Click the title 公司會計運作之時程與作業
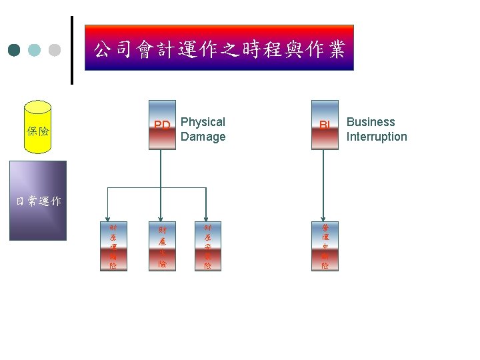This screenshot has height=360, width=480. coord(219,49)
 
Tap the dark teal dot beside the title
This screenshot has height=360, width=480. coord(15,50)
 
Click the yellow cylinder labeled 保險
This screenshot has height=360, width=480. coord(37,127)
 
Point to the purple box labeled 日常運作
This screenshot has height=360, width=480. coord(37,200)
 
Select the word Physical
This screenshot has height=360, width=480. coord(203,122)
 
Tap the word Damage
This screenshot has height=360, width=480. coord(203,137)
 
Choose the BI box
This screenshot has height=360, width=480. coord(325,125)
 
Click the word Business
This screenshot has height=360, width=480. coord(371,122)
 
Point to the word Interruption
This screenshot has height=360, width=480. coord(377,137)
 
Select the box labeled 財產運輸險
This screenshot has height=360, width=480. coord(113,246)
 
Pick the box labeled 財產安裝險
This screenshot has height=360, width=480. coord(208,246)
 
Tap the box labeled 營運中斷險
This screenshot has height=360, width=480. coord(325,246)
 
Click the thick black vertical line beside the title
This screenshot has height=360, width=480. coord(72,50)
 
